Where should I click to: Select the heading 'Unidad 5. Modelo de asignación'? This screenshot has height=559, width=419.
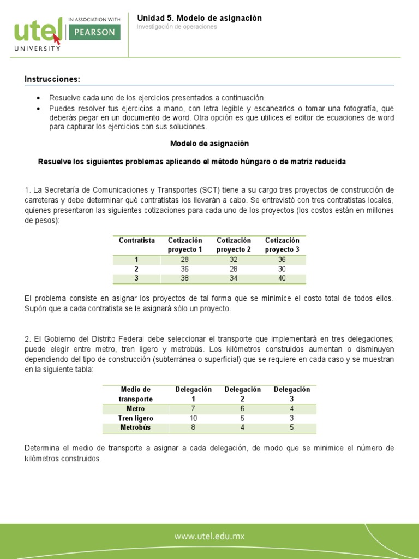[199, 18]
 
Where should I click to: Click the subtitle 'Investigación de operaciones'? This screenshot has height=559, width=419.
[176, 27]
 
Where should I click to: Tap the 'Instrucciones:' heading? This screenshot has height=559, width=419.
[52, 80]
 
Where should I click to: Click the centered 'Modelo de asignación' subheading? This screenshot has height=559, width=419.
[209, 144]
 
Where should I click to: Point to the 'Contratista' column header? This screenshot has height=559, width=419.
[137, 241]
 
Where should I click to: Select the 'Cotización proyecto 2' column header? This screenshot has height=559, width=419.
[234, 245]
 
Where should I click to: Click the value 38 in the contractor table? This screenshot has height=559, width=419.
[184, 279]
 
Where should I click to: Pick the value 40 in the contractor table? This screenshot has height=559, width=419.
[282, 279]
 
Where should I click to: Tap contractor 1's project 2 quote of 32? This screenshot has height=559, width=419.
[233, 260]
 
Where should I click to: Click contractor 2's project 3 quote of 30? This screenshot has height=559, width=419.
[282, 270]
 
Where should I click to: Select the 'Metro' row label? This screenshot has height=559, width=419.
[135, 409]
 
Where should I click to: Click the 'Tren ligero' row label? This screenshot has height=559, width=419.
[135, 418]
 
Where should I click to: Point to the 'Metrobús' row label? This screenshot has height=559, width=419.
[135, 427]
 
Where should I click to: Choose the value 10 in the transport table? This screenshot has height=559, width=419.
[193, 418]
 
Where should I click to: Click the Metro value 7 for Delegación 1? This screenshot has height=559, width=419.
[193, 409]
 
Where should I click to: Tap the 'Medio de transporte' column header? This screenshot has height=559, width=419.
[135, 394]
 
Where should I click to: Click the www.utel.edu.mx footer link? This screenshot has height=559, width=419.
[209, 537]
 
